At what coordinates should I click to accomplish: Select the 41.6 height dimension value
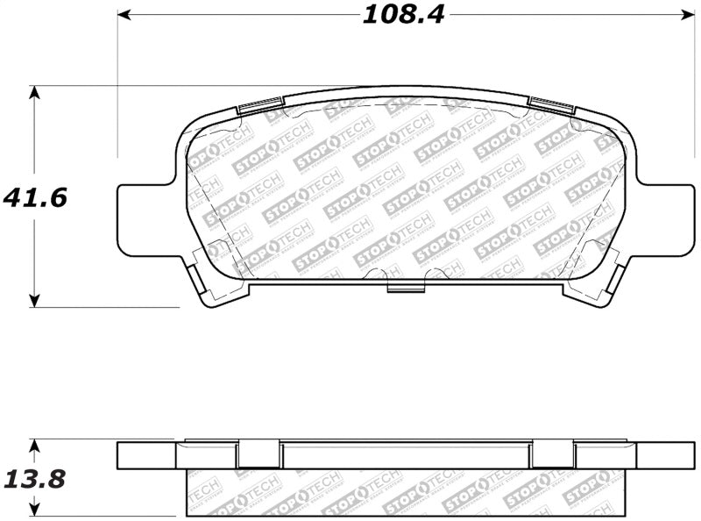pyautogui.click(x=34, y=197)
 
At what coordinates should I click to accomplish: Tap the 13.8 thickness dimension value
pyautogui.click(x=34, y=480)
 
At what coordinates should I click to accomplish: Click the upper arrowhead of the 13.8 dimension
pyautogui.click(x=34, y=446)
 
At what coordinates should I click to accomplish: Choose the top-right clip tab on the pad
pyautogui.click(x=550, y=106)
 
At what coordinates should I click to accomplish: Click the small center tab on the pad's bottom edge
pyautogui.click(x=405, y=287)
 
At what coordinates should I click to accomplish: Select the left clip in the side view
pyautogui.click(x=259, y=453)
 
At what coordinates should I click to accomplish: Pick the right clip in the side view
pyautogui.click(x=553, y=453)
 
